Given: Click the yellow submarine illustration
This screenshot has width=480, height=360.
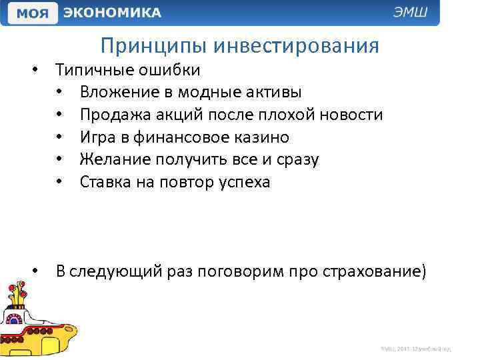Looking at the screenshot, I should point(37,323).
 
